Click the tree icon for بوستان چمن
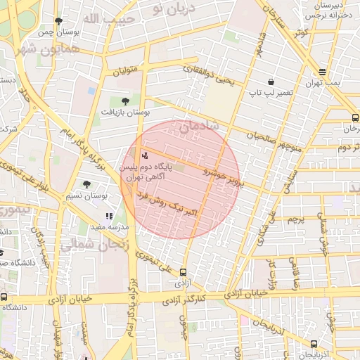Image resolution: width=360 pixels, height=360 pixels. coord(58,21)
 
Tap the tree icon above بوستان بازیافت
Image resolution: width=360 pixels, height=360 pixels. coord(125,101)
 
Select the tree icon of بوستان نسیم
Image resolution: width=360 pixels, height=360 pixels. coord(86,184)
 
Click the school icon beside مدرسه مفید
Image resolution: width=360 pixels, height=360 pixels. coord(108,217)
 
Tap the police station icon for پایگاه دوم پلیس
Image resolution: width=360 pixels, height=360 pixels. coord(145,155)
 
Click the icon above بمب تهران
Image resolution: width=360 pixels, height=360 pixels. coord(322,72)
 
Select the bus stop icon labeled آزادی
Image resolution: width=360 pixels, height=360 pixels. coord(184,272)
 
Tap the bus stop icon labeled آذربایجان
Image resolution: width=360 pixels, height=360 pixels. coord(314,344)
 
